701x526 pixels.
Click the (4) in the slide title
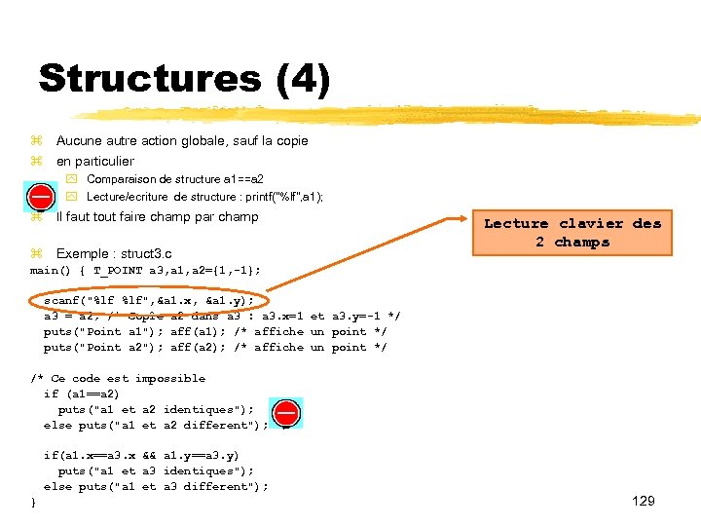coord(303,78)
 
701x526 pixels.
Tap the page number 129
coord(643,501)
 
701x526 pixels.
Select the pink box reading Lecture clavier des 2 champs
coord(572,233)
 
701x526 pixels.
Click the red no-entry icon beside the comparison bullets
coord(40,195)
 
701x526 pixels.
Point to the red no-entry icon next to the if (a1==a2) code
coord(286,413)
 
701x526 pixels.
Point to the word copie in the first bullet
coord(290,141)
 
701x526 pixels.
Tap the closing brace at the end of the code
coord(34,501)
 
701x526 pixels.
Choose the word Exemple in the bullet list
coord(81,253)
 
